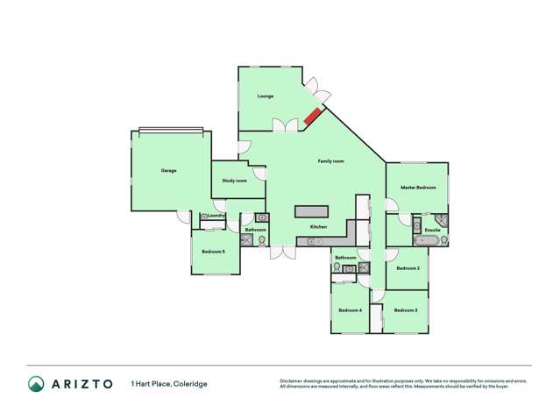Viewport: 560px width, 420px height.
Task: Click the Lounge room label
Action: pyautogui.click(x=266, y=96)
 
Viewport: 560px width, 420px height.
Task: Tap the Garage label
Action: pyautogui.click(x=168, y=170)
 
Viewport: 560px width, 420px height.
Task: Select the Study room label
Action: pyautogui.click(x=234, y=181)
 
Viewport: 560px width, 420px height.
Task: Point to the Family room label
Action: pyautogui.click(x=330, y=161)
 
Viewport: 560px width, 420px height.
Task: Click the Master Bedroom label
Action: pyautogui.click(x=418, y=188)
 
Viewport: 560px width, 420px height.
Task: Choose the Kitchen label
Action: pyautogui.click(x=318, y=228)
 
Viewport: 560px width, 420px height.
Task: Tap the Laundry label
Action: pyautogui.click(x=216, y=215)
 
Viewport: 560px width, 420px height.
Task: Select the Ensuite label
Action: pyautogui.click(x=432, y=230)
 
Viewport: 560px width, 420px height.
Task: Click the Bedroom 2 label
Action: pyautogui.click(x=408, y=268)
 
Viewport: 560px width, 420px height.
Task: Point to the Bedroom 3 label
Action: pyautogui.click(x=405, y=310)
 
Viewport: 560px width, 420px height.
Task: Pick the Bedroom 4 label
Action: pyautogui.click(x=350, y=310)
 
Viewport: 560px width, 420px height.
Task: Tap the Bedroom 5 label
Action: pyautogui.click(x=213, y=252)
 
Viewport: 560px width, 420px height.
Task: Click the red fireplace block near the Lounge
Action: pyautogui.click(x=313, y=116)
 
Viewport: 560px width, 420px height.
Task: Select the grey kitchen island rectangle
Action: pyautogui.click(x=311, y=212)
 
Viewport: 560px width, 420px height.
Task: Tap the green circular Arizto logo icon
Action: pyautogui.click(x=35, y=383)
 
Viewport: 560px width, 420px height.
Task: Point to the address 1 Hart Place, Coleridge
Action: pyautogui.click(x=169, y=383)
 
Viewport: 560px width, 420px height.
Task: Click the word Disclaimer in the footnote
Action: pyautogui.click(x=291, y=381)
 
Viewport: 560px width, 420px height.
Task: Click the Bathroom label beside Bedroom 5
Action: pyautogui.click(x=255, y=230)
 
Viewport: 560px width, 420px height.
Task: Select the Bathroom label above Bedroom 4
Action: pyautogui.click(x=344, y=258)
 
